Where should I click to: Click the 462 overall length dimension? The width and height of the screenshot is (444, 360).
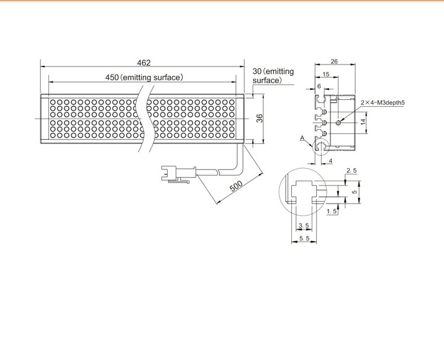pos(144,63)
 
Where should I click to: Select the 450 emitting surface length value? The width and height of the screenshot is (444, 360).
pos(112,77)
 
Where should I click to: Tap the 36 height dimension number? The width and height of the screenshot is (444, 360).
pos(260,119)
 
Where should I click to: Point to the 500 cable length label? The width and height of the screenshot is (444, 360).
pos(236,186)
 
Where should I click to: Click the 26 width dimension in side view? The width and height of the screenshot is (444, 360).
pos(334,61)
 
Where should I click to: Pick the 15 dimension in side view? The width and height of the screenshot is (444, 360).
pos(326,74)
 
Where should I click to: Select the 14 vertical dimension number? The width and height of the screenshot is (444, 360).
pos(363,122)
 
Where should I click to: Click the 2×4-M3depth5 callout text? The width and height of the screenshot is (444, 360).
pos(383,102)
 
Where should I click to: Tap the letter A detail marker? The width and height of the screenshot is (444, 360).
pos(302,138)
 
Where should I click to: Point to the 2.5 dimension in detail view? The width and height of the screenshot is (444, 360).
pos(351,170)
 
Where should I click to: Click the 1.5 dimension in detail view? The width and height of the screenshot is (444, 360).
pos(332,211)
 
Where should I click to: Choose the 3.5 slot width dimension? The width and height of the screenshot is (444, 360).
pos(304,225)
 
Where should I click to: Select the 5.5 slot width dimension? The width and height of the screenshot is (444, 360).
pos(304,238)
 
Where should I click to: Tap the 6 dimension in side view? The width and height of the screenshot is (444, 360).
pos(319,86)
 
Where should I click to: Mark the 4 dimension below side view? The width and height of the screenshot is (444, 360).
pos(330,161)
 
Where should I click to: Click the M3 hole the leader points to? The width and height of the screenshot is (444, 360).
pos(338,122)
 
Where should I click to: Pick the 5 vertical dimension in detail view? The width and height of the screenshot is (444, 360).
pos(355,192)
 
